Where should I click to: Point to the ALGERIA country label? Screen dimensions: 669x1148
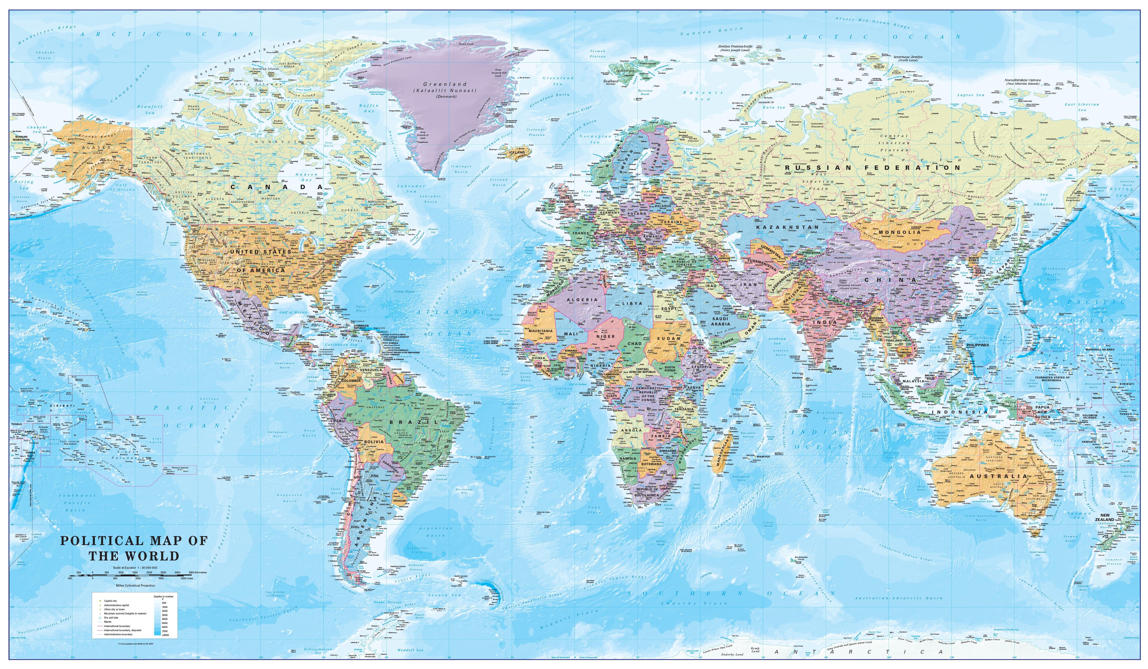[582, 300]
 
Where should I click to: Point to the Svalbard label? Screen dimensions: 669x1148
[611, 81]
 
